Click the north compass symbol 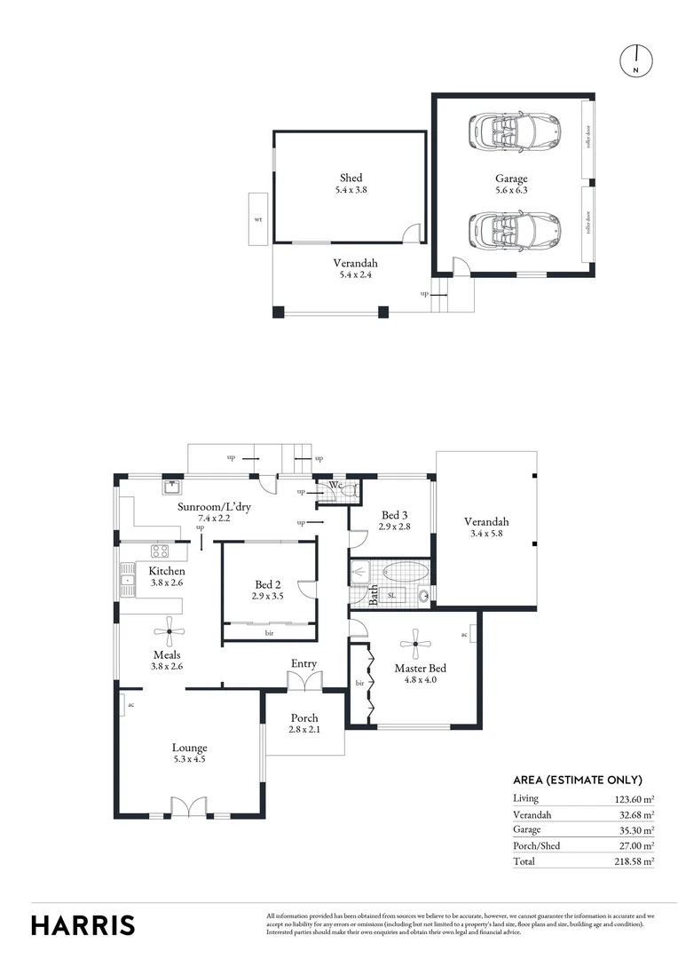coord(635,60)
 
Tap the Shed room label coord(351,178)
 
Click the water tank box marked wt coord(258,218)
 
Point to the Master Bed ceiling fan coord(414,644)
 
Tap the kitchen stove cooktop coord(160,551)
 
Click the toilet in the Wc coord(351,488)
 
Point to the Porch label coord(304,718)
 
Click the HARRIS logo coord(83,924)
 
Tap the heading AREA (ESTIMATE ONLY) coord(578,780)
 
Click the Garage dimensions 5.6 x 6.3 coord(511,190)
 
